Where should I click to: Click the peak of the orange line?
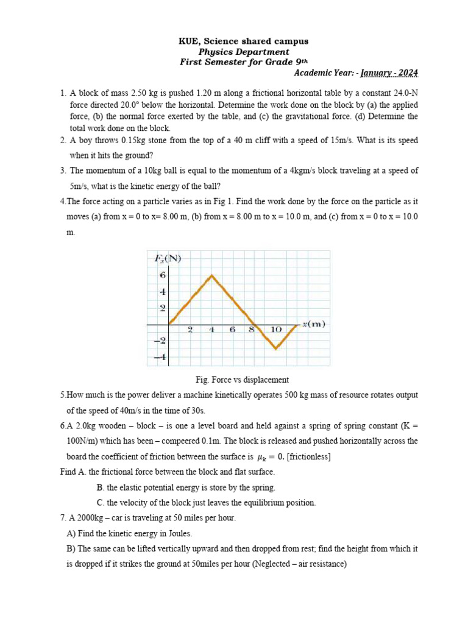[211, 275]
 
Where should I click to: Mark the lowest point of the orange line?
[276, 349]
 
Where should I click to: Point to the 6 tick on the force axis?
[163, 275]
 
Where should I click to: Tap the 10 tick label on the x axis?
[276, 330]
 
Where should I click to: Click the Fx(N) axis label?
[168, 258]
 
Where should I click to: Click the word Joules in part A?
[179, 533]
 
